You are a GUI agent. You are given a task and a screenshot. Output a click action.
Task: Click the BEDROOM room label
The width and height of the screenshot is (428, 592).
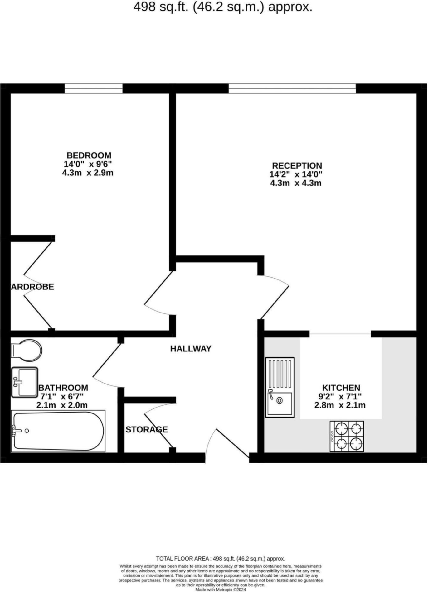tap(89, 155)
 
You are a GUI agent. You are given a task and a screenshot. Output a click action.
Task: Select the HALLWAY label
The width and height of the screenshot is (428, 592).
tap(191, 349)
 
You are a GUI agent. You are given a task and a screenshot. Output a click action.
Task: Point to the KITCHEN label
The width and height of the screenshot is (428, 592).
tap(341, 388)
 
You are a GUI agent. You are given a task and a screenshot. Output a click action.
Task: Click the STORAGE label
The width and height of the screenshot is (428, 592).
tap(147, 430)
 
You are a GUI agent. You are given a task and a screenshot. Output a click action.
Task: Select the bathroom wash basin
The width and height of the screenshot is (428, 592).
tap(25, 382)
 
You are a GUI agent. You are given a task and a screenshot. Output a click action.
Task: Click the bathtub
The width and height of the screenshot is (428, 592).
tap(58, 431)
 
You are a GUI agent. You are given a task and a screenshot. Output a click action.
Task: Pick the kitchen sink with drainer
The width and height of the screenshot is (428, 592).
tap(280, 387)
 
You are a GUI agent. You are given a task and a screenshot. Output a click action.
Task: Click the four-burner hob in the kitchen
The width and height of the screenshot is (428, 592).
tap(347, 436)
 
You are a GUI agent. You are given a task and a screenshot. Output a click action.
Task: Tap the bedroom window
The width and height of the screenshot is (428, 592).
tap(94, 88)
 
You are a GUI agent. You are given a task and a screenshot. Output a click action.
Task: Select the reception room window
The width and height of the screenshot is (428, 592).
tap(292, 88)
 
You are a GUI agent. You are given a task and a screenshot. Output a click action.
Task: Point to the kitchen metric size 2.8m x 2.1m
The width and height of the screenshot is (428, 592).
tap(340, 405)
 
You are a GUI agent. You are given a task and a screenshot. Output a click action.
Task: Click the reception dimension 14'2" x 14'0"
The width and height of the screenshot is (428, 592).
tap(296, 174)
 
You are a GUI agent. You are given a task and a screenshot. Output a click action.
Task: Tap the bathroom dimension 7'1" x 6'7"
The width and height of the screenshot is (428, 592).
tap(62, 397)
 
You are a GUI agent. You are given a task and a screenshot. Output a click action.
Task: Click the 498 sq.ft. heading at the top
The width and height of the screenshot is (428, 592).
tap(223, 7)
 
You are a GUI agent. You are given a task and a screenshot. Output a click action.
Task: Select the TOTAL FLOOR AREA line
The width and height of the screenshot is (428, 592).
tap(221, 559)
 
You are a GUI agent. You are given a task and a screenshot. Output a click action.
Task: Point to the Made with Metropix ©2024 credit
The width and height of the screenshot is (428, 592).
tap(221, 590)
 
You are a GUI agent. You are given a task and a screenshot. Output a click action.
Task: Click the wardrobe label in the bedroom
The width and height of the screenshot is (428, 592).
tap(32, 287)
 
